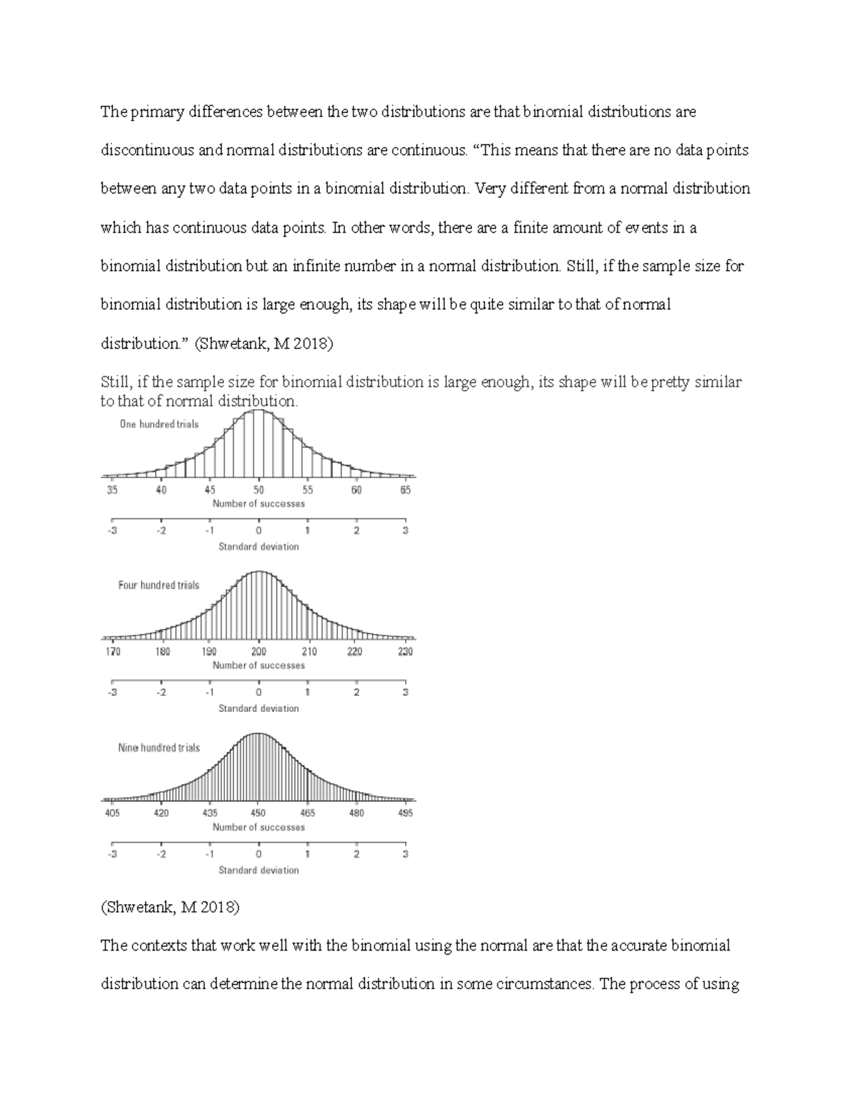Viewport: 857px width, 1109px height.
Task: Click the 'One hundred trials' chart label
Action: pyautogui.click(x=159, y=424)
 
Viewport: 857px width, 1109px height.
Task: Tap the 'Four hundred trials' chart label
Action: pyautogui.click(x=159, y=585)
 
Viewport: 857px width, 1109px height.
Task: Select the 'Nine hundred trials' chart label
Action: pyautogui.click(x=159, y=748)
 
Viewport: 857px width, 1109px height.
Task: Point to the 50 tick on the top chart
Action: pyautogui.click(x=259, y=490)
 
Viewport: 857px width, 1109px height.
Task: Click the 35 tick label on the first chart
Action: pyautogui.click(x=112, y=490)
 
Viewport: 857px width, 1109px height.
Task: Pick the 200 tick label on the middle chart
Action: pyautogui.click(x=259, y=651)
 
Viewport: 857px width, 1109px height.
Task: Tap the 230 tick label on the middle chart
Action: pyautogui.click(x=405, y=651)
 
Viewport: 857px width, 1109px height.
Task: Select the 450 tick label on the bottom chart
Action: pyautogui.click(x=259, y=813)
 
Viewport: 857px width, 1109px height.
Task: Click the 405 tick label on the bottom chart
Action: pyautogui.click(x=112, y=813)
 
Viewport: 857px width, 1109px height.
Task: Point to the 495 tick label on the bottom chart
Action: pyautogui.click(x=405, y=813)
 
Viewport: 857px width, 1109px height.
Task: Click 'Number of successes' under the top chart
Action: pyautogui.click(x=259, y=503)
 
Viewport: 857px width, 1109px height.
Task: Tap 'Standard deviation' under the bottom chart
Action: pyautogui.click(x=259, y=870)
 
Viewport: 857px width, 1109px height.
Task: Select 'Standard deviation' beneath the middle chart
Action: pyautogui.click(x=259, y=708)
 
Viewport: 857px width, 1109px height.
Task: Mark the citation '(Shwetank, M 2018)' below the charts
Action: pyautogui.click(x=170, y=908)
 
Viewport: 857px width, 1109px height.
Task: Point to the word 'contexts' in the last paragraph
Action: pyautogui.click(x=159, y=946)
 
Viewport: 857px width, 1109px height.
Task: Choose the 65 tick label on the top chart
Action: pyautogui.click(x=405, y=490)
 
